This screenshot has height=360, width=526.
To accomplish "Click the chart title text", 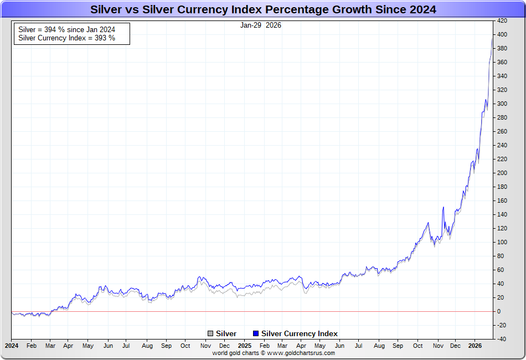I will click(x=263, y=9).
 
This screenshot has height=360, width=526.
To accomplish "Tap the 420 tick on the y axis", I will click(x=502, y=20).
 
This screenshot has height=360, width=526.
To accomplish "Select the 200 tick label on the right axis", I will click(x=502, y=173).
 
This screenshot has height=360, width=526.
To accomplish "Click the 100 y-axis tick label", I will click(x=502, y=242).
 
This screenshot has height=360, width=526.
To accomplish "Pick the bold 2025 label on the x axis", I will click(x=244, y=346).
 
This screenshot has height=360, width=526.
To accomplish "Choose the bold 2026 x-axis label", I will click(x=476, y=346).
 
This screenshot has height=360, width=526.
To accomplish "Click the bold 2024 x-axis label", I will click(x=12, y=346).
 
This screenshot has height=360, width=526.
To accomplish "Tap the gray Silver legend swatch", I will click(x=210, y=333).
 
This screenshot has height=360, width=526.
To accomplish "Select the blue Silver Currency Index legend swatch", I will click(x=255, y=333).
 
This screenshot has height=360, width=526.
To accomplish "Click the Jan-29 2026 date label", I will click(x=260, y=25).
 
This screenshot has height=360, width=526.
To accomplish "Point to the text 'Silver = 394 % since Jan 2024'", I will click(x=66, y=29).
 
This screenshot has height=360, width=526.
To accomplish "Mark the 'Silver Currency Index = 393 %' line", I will click(x=66, y=38).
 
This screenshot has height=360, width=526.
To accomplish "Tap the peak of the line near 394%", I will click(x=492, y=39).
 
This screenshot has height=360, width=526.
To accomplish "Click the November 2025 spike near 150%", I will click(x=444, y=208).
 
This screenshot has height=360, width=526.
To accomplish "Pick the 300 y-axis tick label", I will click(x=502, y=104).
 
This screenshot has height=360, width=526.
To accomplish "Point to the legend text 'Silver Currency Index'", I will click(x=299, y=333).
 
